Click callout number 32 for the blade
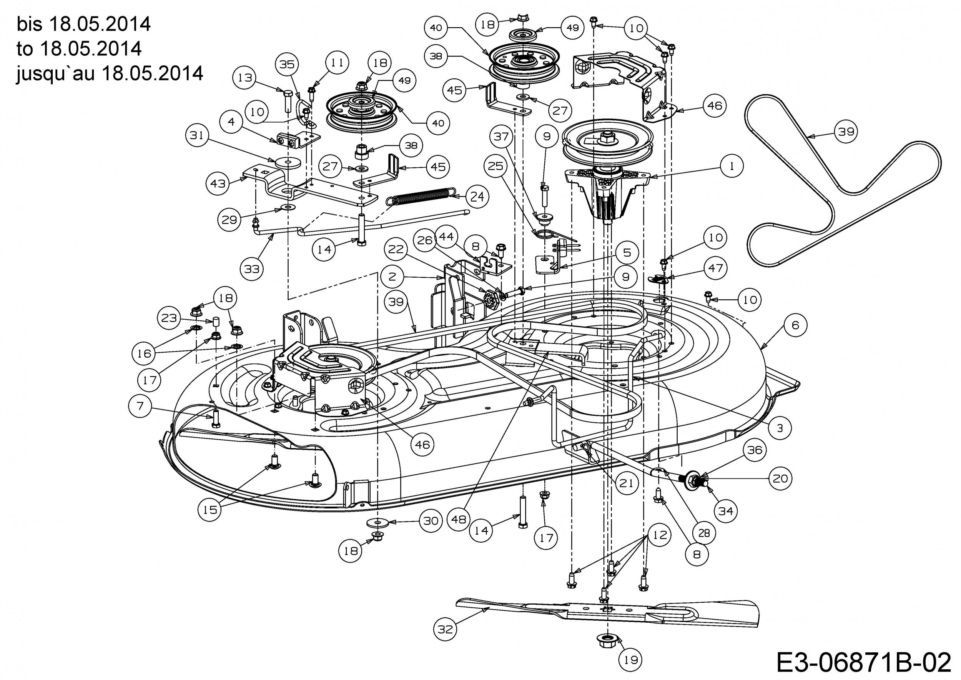point(445,629)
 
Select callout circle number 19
point(630,660)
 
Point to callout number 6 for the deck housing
point(795,325)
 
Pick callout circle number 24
point(477,197)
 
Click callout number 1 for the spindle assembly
point(731,166)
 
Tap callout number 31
point(197,135)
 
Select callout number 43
point(218,183)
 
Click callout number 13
point(245,77)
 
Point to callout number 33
point(251,268)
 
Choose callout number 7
point(140,406)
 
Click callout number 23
point(169,318)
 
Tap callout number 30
point(431,521)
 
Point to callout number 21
point(626,483)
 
